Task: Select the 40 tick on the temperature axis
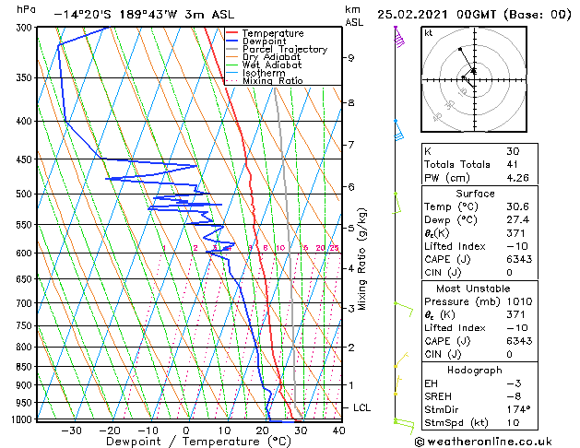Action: tap(338, 430)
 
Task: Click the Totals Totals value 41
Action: tap(512, 164)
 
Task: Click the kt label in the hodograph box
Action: tap(429, 32)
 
